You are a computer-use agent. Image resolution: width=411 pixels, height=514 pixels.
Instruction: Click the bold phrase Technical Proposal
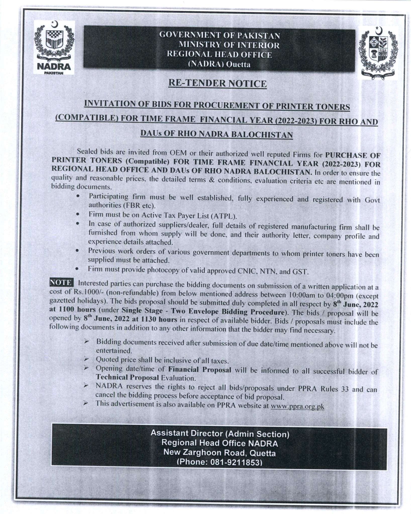point(127,377)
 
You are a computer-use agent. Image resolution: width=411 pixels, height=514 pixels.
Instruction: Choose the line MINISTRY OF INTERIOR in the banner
point(229,45)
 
